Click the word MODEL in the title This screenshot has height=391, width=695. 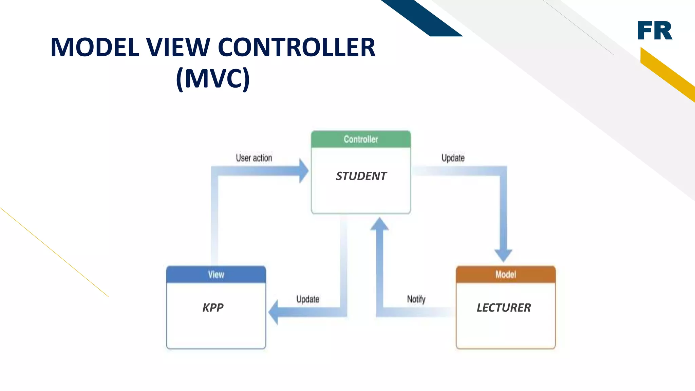tap(95, 47)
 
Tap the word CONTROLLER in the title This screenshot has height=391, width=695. tap(297, 47)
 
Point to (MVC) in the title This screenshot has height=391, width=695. tap(213, 78)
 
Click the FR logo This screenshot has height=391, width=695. tap(655, 31)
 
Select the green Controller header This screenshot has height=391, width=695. tap(361, 139)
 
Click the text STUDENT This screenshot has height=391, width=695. tap(361, 176)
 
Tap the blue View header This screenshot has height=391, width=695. tap(216, 275)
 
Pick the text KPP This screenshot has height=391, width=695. tap(213, 308)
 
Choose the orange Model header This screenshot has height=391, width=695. tap(506, 275)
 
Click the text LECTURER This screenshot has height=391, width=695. tap(504, 308)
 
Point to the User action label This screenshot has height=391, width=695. tap(254, 158)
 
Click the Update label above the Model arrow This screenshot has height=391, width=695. tap(453, 158)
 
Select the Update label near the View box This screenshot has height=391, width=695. tap(308, 299)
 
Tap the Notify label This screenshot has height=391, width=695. tap(416, 299)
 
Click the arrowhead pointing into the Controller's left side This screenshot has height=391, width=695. tap(303, 171)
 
